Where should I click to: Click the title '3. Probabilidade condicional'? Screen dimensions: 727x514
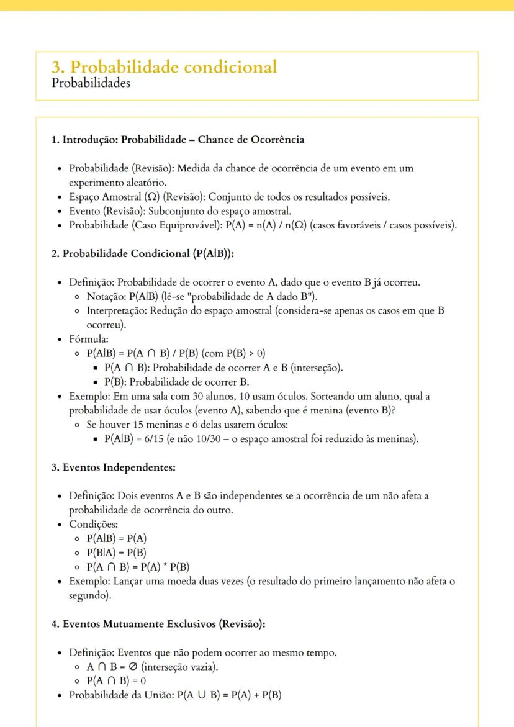tap(164, 67)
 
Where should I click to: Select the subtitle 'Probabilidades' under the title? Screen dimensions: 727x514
tap(91, 83)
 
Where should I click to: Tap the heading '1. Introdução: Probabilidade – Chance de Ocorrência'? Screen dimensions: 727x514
tap(178, 140)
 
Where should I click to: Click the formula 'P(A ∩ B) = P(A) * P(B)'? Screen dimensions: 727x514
tap(138, 567)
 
